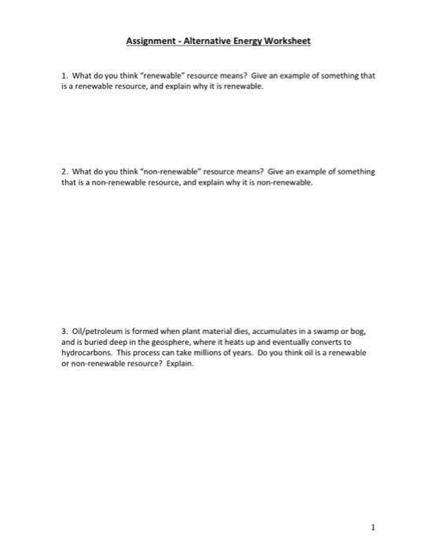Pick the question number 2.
coord(63,170)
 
